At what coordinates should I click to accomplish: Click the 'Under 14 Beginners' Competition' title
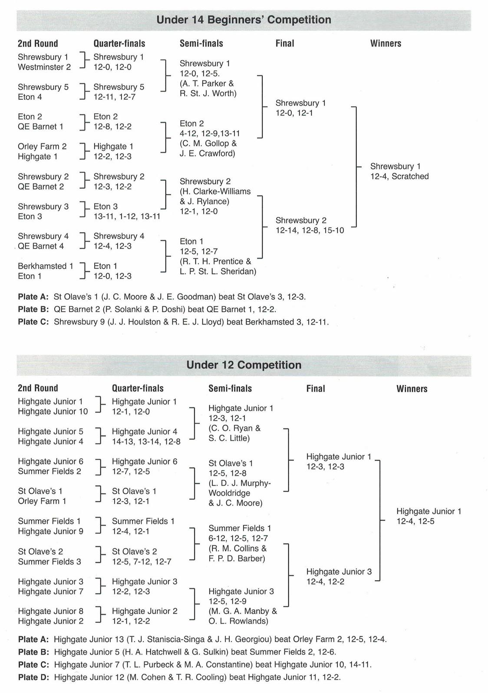244,20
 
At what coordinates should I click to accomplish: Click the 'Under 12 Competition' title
244,365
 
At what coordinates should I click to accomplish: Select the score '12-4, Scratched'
399,177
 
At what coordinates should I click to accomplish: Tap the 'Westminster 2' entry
44,67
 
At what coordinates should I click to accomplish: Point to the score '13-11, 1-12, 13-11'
127,217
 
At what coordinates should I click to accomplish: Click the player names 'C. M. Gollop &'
208,144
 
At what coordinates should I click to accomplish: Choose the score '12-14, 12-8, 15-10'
310,230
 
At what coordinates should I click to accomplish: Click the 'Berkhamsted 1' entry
45,266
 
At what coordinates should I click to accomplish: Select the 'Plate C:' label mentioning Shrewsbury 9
33,322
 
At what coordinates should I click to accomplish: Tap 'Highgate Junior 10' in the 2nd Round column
53,412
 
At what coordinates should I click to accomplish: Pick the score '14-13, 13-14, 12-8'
146,442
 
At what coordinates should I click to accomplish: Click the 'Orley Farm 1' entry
42,501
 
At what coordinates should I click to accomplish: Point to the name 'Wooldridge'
229,493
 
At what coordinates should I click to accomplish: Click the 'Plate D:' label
33,677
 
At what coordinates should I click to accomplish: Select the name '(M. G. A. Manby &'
242,611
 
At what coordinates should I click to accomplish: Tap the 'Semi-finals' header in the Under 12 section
230,388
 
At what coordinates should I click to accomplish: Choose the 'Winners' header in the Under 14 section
386,43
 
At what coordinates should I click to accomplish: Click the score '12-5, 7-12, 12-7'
142,562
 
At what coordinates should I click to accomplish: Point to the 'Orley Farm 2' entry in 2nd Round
42,147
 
